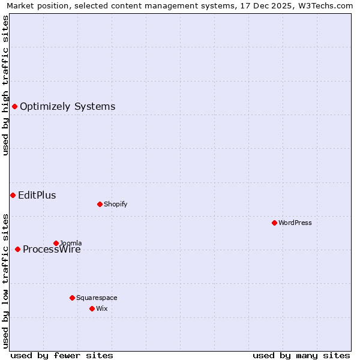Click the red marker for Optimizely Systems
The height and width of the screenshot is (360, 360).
[x=14, y=106]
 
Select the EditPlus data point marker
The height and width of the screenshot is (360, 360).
[x=13, y=195]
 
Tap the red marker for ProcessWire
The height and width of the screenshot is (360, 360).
[x=17, y=249]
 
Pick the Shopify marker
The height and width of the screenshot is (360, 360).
[x=100, y=204]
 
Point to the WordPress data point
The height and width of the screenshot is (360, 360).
[x=274, y=223]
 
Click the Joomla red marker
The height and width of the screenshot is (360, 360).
[x=56, y=243]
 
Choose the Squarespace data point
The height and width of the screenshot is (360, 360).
[x=72, y=298]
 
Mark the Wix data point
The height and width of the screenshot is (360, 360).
[x=92, y=308]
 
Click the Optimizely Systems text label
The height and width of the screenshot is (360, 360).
[x=67, y=107]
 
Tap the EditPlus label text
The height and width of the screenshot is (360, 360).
[x=37, y=196]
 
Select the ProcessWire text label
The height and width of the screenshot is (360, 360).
[x=52, y=250]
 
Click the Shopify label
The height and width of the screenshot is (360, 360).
[x=116, y=205]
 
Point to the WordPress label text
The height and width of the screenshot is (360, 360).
[x=295, y=223]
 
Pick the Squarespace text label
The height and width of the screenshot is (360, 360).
[x=97, y=298]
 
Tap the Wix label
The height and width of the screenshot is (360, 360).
[x=102, y=309]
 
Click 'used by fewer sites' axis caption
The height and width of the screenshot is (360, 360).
[x=62, y=355]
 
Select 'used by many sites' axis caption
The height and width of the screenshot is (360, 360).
[x=301, y=355]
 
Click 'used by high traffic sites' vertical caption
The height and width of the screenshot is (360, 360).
[x=5, y=85]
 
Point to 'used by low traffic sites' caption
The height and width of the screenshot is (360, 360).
[x=5, y=280]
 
